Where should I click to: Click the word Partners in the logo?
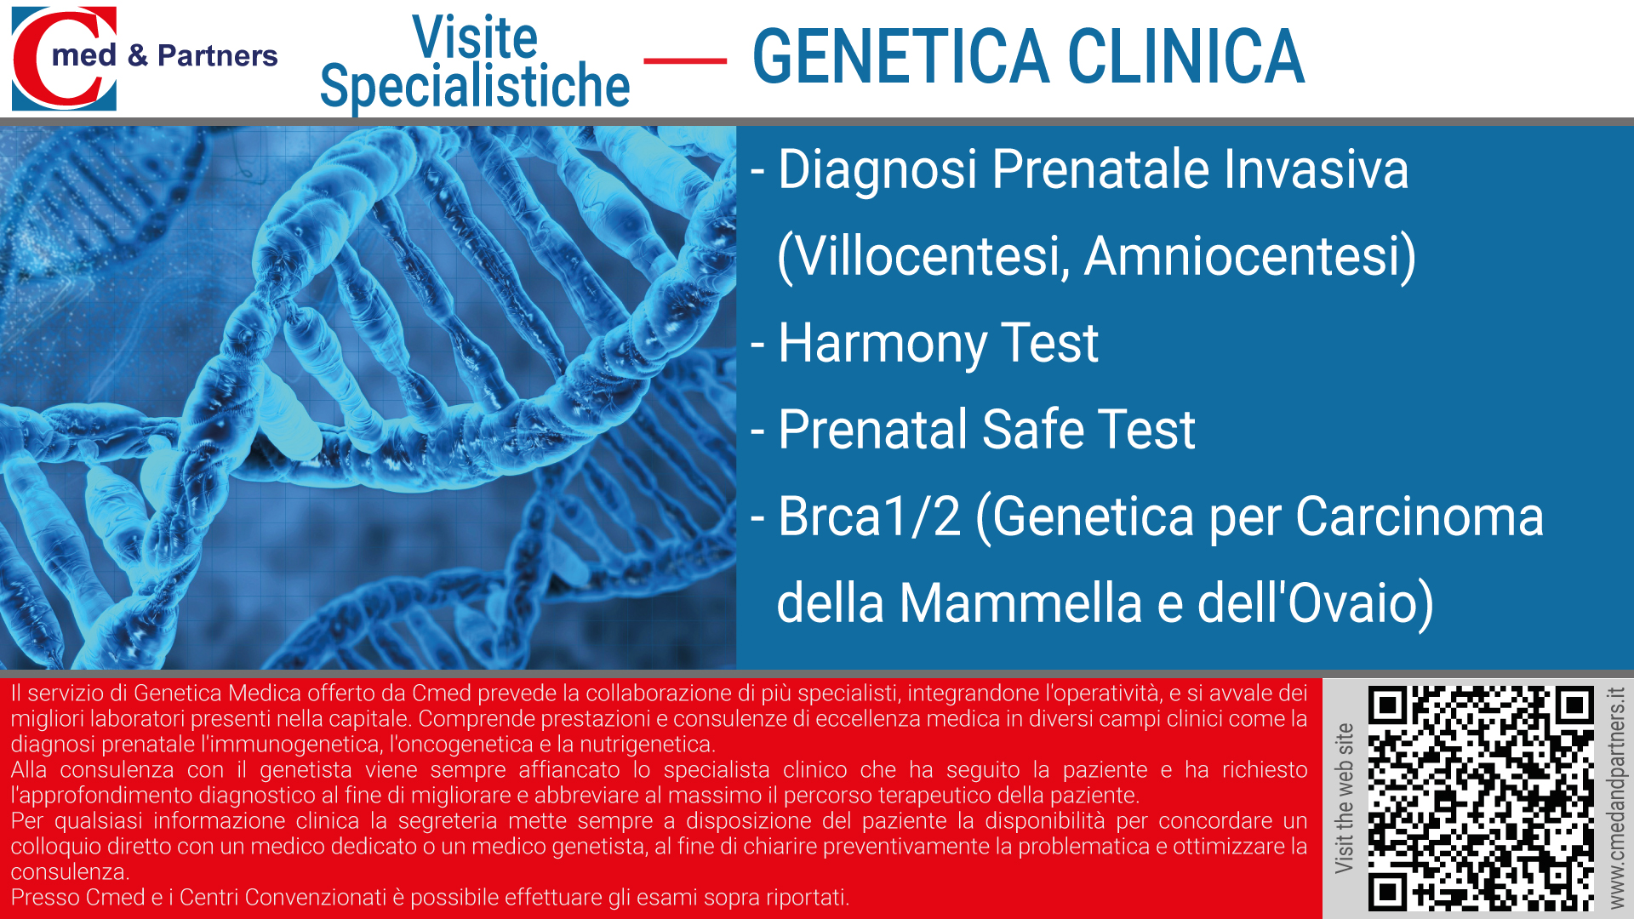(x=218, y=56)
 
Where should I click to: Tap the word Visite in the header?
(x=475, y=37)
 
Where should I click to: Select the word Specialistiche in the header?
(x=475, y=86)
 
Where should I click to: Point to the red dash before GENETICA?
(x=685, y=61)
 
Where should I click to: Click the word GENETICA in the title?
(x=901, y=57)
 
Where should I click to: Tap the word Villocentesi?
(x=923, y=257)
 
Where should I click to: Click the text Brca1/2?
(x=869, y=517)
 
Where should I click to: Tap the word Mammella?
(x=1020, y=603)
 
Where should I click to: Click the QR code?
(x=1481, y=798)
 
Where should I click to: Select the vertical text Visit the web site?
(x=1344, y=798)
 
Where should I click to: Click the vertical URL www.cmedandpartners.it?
(x=1616, y=798)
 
